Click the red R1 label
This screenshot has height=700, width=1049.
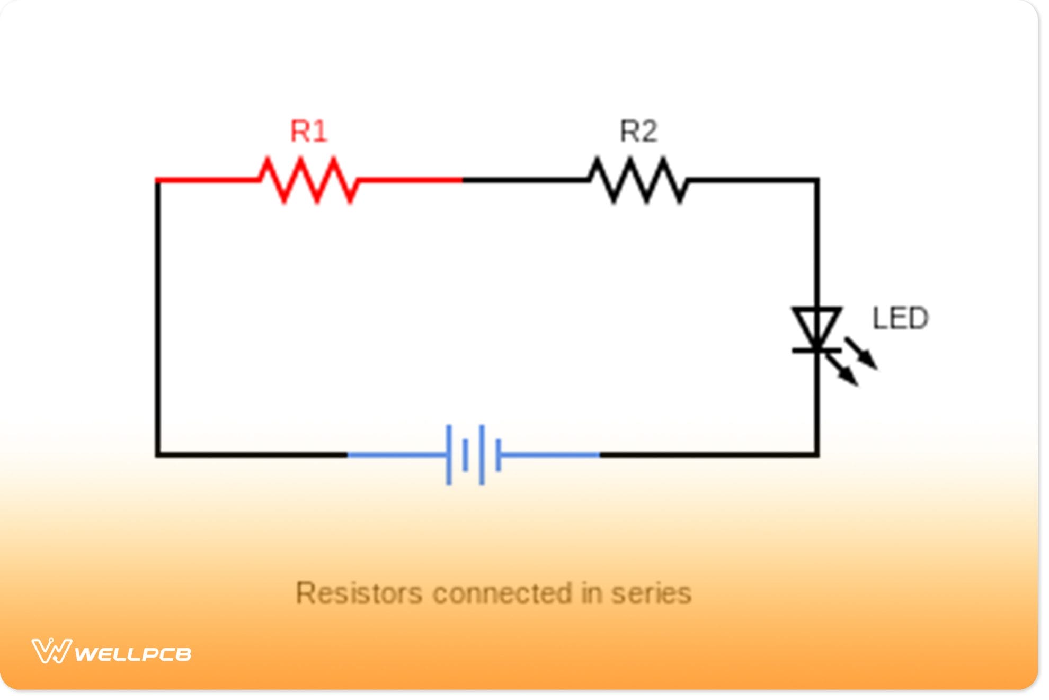pyautogui.click(x=309, y=131)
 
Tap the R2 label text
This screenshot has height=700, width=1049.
pyautogui.click(x=639, y=131)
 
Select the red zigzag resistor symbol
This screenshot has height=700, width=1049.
pyautogui.click(x=309, y=180)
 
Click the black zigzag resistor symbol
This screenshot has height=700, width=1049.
pyautogui.click(x=638, y=180)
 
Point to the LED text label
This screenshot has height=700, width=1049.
pyautogui.click(x=900, y=318)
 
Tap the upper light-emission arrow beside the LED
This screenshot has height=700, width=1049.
pyautogui.click(x=861, y=353)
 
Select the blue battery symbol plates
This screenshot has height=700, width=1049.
pyautogui.click(x=473, y=454)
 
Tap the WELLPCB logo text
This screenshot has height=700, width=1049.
pyautogui.click(x=132, y=654)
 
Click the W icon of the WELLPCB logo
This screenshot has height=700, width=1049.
pyautogui.click(x=51, y=651)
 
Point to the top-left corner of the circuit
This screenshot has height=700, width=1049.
pyautogui.click(x=158, y=181)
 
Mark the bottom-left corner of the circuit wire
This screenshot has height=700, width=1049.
pyautogui.click(x=158, y=454)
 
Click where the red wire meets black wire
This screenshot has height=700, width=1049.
pyautogui.click(x=462, y=180)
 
